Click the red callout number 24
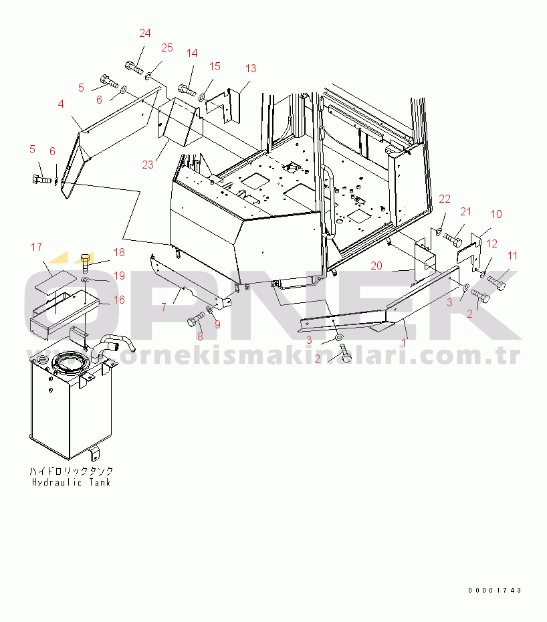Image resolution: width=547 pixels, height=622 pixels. (145, 33)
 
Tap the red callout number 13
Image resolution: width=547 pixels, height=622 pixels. (251, 68)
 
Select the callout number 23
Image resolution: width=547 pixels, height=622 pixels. (148, 165)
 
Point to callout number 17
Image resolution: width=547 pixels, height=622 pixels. (36, 247)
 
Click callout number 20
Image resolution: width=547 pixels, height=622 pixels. (376, 266)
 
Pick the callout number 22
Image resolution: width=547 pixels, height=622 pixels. (445, 199)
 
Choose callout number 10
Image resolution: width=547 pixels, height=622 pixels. (496, 214)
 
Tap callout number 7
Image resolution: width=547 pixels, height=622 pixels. (164, 306)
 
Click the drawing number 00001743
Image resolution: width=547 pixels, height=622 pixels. (495, 591)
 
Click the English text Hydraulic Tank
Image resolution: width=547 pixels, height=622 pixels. (72, 483)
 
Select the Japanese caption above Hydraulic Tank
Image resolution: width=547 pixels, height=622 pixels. (72, 472)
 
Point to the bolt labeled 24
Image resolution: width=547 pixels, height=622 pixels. (134, 68)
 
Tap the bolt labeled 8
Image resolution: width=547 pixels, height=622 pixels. (195, 318)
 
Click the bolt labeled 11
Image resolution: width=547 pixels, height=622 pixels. (496, 282)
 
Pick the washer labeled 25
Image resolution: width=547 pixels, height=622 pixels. (148, 75)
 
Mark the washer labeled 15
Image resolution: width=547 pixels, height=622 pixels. (202, 96)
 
